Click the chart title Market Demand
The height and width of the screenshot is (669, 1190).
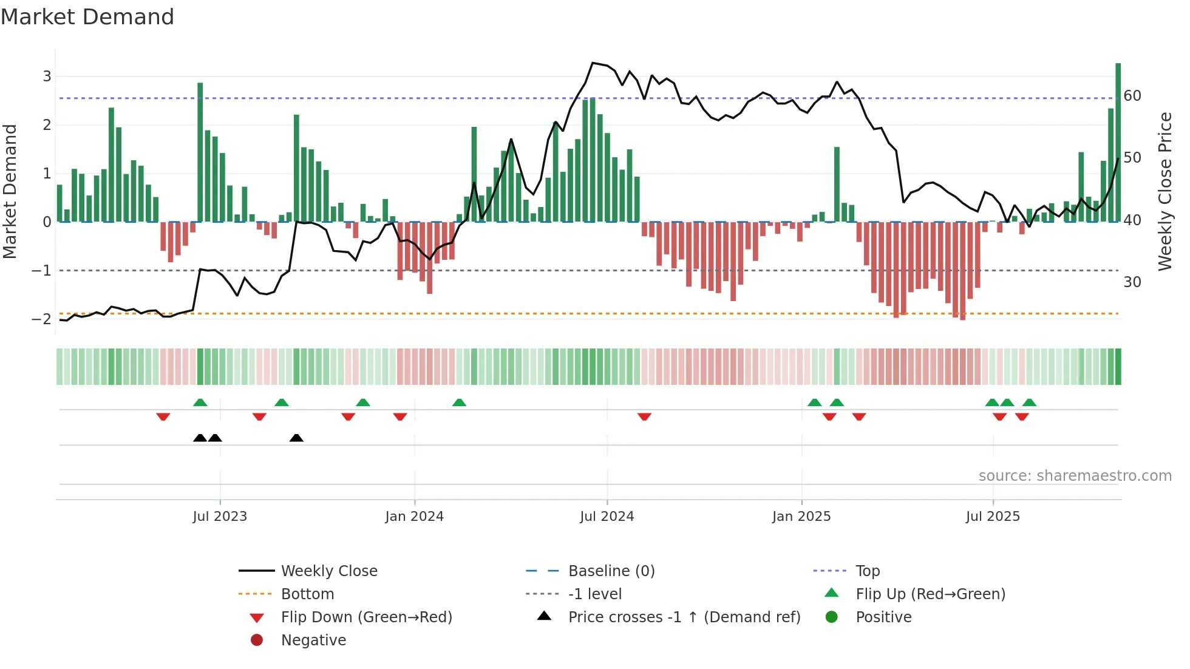(87, 17)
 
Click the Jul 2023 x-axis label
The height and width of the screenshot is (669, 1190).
(220, 517)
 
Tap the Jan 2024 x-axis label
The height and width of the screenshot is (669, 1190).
(414, 517)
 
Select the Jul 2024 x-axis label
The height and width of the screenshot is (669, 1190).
(607, 517)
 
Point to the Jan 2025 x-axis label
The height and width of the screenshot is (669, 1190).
(801, 517)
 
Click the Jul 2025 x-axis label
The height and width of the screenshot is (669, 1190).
(993, 517)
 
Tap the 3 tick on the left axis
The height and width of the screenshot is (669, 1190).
(47, 76)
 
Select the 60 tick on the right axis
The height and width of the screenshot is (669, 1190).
(1132, 96)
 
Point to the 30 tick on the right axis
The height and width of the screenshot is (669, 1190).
(1132, 282)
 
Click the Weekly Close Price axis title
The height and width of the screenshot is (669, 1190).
(1164, 191)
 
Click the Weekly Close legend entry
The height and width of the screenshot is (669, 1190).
(328, 571)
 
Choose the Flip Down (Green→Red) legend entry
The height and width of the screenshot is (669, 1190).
(366, 617)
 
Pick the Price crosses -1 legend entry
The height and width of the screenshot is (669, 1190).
(684, 617)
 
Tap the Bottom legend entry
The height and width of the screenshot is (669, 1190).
(307, 594)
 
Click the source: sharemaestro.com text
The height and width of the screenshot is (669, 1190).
(1075, 476)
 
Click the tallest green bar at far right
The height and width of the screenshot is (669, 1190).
(1118, 143)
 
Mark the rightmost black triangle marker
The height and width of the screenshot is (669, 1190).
(296, 438)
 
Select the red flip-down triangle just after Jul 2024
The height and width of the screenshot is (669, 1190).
(644, 416)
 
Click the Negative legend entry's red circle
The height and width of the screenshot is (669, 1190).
(257, 640)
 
